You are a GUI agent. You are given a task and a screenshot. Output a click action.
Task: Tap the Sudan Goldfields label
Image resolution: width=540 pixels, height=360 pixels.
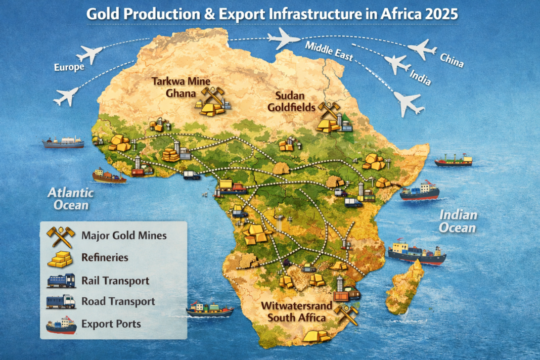click(295, 101)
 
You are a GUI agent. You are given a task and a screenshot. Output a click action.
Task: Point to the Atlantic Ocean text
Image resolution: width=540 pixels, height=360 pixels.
click(71, 199)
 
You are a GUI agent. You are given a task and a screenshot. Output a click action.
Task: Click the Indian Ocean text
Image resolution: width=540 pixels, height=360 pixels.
click(457, 221)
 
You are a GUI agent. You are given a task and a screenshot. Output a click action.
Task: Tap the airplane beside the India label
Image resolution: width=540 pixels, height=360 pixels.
click(397, 64)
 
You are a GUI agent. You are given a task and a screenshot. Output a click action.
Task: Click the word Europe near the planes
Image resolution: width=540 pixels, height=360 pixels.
click(69, 67)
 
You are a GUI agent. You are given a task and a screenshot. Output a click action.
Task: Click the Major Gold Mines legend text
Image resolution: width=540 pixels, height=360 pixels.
click(123, 235)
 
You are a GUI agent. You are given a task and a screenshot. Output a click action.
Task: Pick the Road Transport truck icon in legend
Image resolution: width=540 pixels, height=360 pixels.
click(61, 302)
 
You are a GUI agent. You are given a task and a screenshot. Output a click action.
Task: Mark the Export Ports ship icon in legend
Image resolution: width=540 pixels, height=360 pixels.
click(61, 325)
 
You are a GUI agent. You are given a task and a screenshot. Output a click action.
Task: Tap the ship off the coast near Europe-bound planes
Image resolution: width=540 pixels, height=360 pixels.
click(63, 143)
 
